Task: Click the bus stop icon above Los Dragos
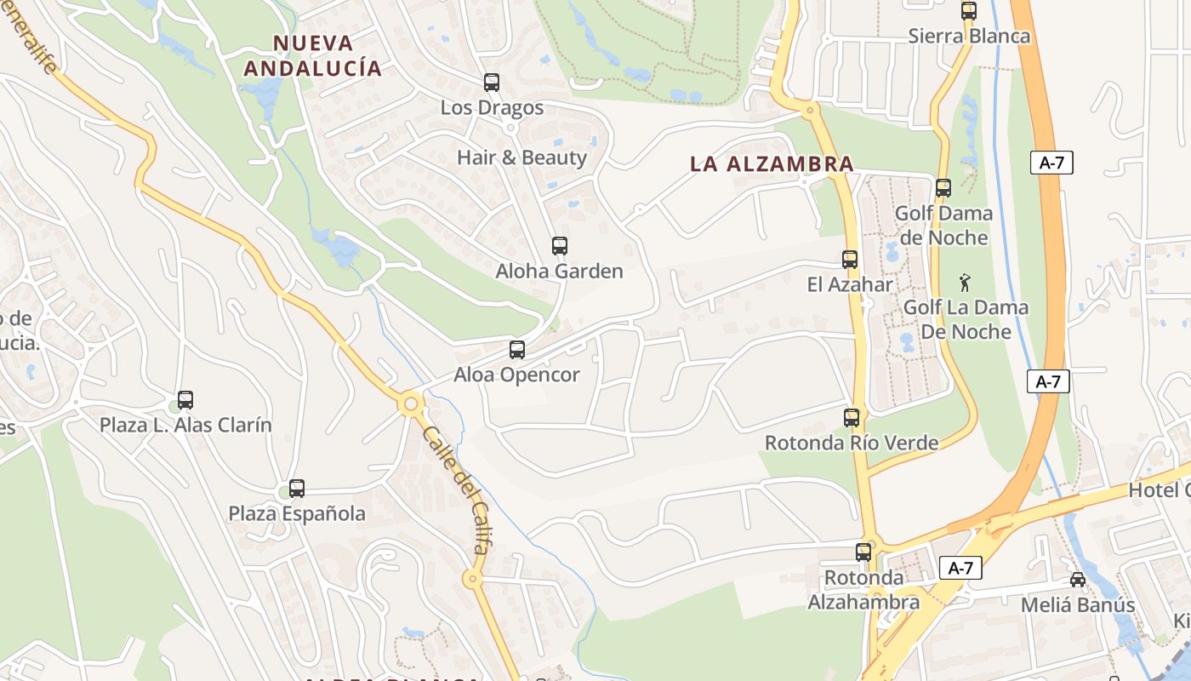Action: coord(492,83)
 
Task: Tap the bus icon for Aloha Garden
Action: coord(559,246)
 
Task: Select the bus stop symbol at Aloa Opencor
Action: coord(516,349)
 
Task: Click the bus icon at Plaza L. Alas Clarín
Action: coord(185,399)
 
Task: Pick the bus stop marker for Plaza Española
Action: coord(296,489)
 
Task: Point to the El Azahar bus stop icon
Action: coord(849,260)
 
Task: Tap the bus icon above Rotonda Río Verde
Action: coord(852,418)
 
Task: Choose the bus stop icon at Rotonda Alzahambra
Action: coord(863,552)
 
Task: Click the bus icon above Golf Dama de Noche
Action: coord(943,188)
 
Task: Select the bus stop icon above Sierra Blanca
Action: coord(968,11)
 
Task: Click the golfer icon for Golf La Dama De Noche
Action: coord(964,283)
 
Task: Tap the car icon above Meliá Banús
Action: coord(1078,580)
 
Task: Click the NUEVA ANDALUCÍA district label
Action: coord(311,55)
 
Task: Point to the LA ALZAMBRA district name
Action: coord(772,164)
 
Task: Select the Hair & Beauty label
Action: coord(521,157)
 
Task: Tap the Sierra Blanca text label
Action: coord(969,37)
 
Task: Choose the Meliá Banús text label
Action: coord(1078,605)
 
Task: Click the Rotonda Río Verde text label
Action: coord(852,443)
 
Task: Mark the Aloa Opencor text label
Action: coord(516,375)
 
